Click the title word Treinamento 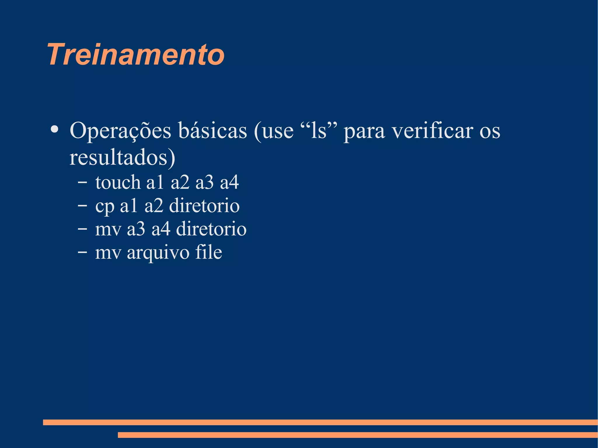(x=136, y=55)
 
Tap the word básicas (x=213, y=130)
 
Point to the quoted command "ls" (x=319, y=130)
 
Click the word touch (x=118, y=182)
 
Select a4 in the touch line (x=230, y=182)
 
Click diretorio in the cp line (x=204, y=206)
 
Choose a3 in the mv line (x=136, y=229)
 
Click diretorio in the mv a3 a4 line (x=211, y=229)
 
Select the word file (x=209, y=252)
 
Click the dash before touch (x=82, y=182)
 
